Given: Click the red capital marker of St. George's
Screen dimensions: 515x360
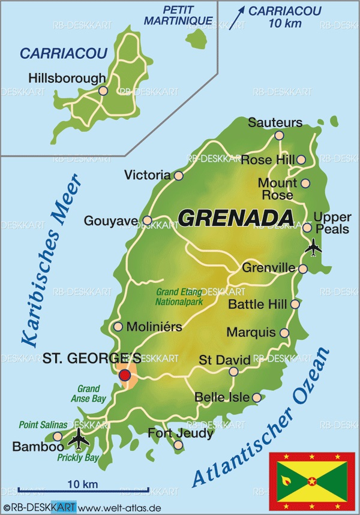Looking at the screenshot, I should click(125, 376).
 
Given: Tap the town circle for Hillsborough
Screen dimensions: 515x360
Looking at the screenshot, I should click(103, 91).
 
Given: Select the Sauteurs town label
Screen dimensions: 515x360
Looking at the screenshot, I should click(275, 123).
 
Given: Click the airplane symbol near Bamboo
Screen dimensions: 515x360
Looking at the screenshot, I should click(78, 439).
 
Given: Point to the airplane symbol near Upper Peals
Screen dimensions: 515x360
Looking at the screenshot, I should click(313, 246).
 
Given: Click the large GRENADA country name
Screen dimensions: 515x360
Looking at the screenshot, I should click(236, 218).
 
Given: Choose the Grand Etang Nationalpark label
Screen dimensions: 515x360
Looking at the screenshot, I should click(179, 297).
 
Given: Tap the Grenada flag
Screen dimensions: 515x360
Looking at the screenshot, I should click(311, 477).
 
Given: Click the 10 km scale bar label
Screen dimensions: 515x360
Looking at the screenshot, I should click(82, 484).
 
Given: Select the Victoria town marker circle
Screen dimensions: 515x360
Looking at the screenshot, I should click(178, 176).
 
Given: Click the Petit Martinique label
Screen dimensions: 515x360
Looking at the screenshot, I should click(179, 15).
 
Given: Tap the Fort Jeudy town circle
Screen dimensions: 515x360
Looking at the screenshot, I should click(178, 444).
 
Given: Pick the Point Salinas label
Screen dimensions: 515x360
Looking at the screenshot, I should click(37, 425).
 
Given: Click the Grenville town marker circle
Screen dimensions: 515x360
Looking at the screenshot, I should click(303, 269).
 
